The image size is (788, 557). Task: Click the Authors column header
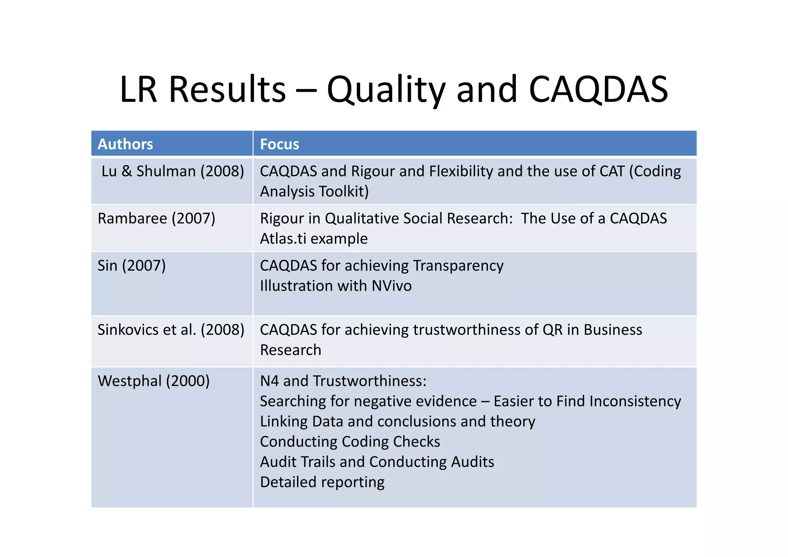(125, 144)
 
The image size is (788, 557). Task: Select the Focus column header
(279, 144)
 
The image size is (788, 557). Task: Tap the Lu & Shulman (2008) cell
(172, 171)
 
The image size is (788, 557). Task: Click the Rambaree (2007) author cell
(156, 219)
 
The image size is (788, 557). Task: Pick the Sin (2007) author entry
(132, 266)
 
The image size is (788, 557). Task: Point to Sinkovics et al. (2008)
(171, 330)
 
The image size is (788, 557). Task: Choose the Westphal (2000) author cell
(154, 381)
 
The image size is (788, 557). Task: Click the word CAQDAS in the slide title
(598, 89)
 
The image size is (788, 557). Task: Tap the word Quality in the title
(386, 89)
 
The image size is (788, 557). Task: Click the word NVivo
(391, 286)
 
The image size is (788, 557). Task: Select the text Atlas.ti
(283, 239)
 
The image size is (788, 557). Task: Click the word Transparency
(458, 266)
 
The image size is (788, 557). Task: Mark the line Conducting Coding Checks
(350, 442)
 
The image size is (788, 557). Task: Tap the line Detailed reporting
(322, 482)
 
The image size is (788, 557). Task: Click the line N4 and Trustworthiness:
(343, 381)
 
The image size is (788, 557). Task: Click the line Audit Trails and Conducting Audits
(377, 462)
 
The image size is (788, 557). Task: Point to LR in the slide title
(139, 89)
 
